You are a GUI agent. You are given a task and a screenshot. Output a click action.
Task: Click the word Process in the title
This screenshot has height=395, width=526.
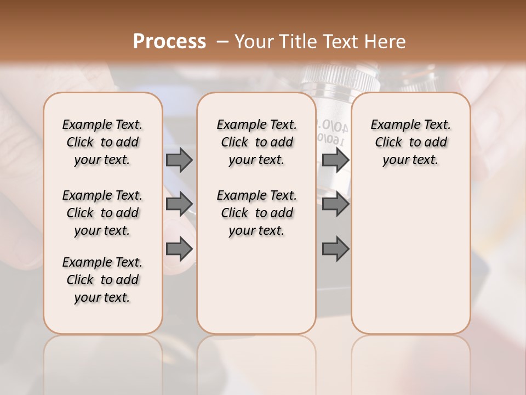point(169,41)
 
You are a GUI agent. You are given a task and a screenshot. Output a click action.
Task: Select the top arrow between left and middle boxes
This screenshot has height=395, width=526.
point(179,160)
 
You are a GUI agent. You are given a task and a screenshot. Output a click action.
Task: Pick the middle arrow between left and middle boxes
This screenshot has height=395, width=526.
point(179,204)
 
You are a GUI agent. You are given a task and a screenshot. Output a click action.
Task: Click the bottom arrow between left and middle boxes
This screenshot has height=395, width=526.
point(179,249)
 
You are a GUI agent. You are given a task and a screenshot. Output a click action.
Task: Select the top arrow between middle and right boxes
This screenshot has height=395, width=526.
point(335,160)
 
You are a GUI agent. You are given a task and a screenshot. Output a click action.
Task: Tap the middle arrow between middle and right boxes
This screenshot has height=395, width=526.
point(335,204)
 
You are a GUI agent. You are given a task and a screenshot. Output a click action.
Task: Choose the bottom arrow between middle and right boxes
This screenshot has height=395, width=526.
point(335,249)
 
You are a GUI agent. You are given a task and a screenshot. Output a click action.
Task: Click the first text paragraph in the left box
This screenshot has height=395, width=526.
point(102,142)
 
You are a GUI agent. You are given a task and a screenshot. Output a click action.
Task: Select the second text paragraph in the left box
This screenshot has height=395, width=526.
point(102,213)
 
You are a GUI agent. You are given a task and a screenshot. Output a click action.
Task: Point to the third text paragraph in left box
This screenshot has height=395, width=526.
point(102,280)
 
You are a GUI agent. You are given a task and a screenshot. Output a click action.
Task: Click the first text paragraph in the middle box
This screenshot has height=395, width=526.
point(257,142)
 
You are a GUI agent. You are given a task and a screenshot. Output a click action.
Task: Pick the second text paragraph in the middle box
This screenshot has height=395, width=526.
point(257,213)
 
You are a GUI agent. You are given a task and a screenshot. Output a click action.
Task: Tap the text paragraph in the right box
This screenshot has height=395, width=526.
point(411,142)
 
